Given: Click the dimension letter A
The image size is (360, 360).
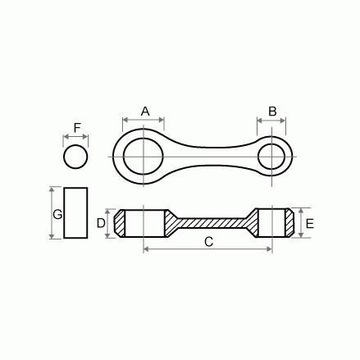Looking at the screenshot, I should [145, 110].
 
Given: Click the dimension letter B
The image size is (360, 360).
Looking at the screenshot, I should [272, 110].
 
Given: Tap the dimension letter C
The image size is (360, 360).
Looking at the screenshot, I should [208, 242].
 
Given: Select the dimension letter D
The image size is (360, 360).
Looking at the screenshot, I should [101, 222].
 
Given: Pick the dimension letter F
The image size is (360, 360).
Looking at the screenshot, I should [76, 129].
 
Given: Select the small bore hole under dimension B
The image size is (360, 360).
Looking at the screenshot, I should [273, 153].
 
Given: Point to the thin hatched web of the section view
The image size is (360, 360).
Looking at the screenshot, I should [208, 219].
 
